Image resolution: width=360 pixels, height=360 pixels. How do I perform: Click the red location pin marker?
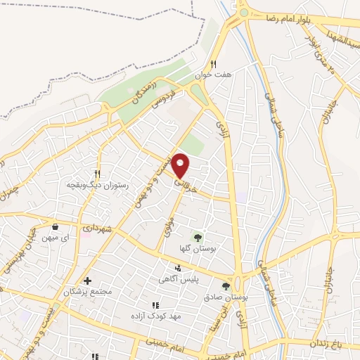tap(181, 165)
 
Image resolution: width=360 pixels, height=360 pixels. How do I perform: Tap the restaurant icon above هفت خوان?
tap(221, 63)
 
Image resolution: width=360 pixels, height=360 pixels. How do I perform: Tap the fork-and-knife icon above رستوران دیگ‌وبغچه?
tap(97, 174)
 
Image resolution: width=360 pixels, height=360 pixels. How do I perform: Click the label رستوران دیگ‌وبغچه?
tap(96, 184)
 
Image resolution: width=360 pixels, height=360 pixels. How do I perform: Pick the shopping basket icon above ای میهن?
tap(56, 226)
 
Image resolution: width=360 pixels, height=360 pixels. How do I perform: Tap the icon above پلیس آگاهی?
tap(178, 268)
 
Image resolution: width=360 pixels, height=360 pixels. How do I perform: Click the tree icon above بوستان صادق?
tap(225, 285)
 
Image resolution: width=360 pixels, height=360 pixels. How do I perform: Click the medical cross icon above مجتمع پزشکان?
tap(87, 281)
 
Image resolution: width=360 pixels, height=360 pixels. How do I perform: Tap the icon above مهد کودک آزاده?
tap(155, 305)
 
